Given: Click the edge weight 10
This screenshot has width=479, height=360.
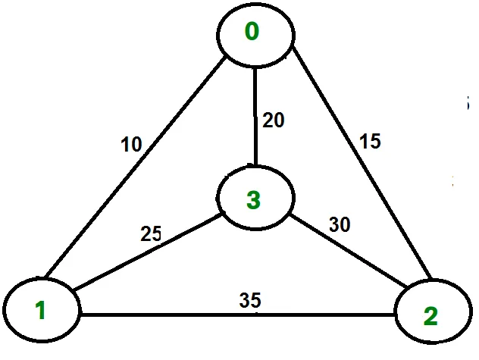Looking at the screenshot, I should pyautogui.click(x=131, y=144).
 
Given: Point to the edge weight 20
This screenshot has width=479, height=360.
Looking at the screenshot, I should pyautogui.click(x=274, y=120).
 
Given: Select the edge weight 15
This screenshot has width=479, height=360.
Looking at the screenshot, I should pyautogui.click(x=370, y=142).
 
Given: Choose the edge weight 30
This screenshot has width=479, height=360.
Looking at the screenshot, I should pyautogui.click(x=339, y=225).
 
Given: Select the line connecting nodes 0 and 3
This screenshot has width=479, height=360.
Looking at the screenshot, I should pyautogui.click(x=255, y=114).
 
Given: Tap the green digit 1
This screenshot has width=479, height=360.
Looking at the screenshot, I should pyautogui.click(x=40, y=309).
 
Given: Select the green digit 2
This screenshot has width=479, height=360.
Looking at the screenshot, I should pyautogui.click(x=430, y=317).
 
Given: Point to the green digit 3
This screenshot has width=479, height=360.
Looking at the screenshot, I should pyautogui.click(x=253, y=200).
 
